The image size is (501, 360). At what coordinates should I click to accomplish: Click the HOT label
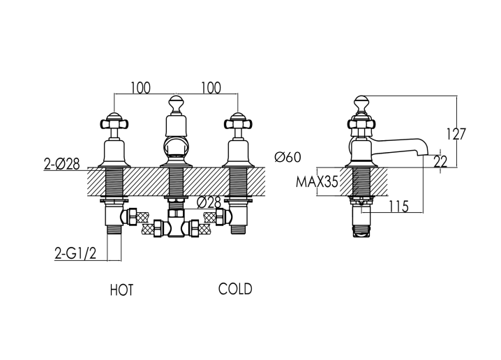point(121,290)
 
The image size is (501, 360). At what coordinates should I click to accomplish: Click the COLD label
point(235,289)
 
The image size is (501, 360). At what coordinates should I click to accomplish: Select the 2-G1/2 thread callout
point(75,254)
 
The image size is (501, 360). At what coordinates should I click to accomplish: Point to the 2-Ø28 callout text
point(61,164)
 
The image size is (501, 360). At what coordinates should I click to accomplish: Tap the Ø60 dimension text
point(288,157)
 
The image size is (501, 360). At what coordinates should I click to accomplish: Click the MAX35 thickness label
point(317,182)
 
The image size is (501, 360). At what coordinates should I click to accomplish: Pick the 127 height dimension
point(456,134)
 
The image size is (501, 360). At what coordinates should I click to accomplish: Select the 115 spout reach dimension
point(398,207)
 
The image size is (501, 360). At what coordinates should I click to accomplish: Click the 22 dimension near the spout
point(440,162)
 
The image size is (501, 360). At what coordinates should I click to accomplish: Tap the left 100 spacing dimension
point(140,88)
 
